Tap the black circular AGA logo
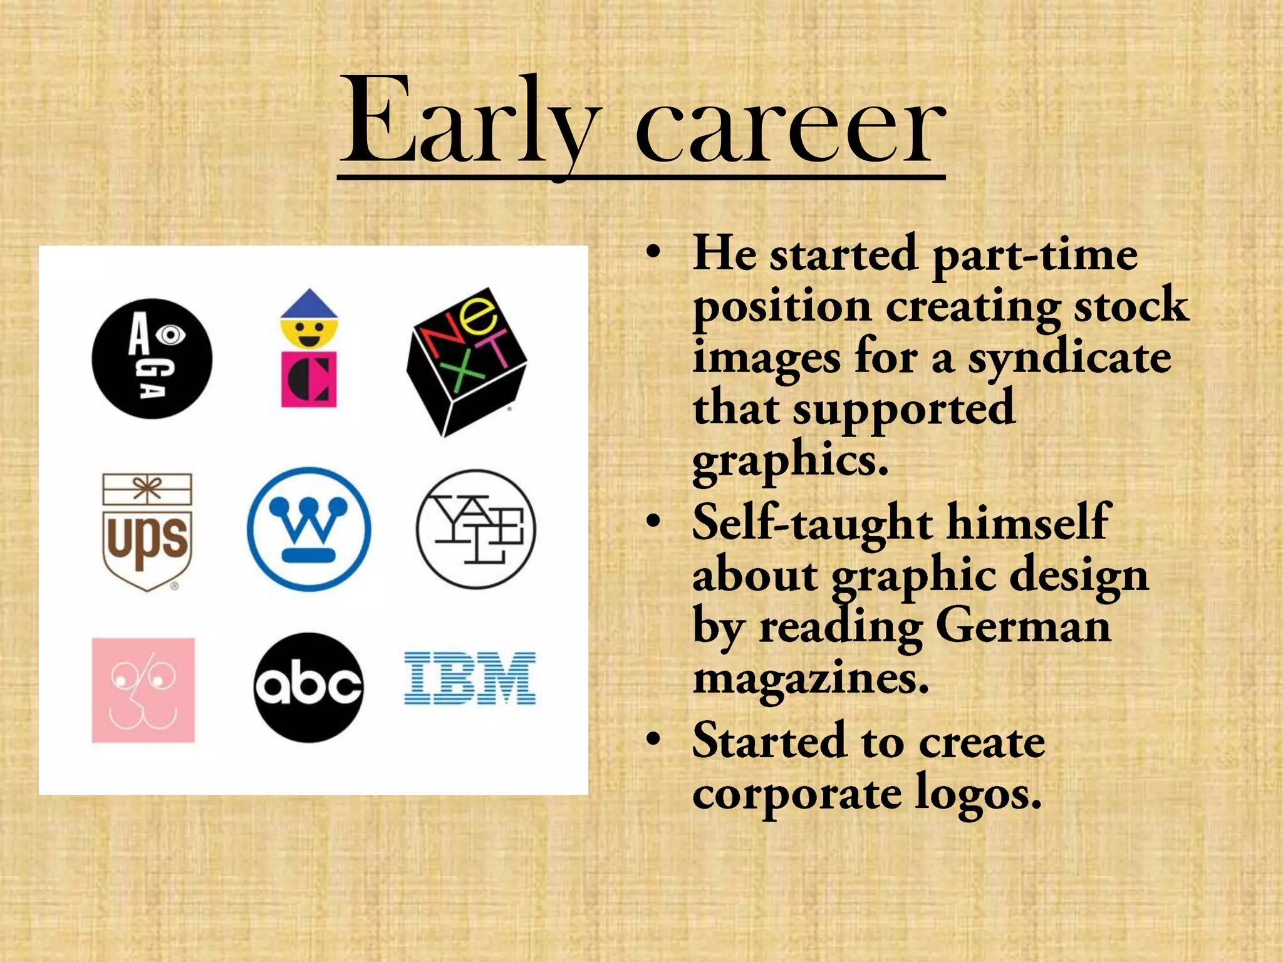coord(152,359)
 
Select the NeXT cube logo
coord(467,362)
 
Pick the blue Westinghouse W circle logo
coord(309,529)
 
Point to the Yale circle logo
coord(476,529)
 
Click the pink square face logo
coord(143,690)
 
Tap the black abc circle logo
coord(309,687)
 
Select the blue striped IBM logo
coord(470,678)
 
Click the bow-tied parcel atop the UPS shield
coord(147,489)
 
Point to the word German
coord(1023,626)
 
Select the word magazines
coord(811,679)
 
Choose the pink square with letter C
coord(309,380)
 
